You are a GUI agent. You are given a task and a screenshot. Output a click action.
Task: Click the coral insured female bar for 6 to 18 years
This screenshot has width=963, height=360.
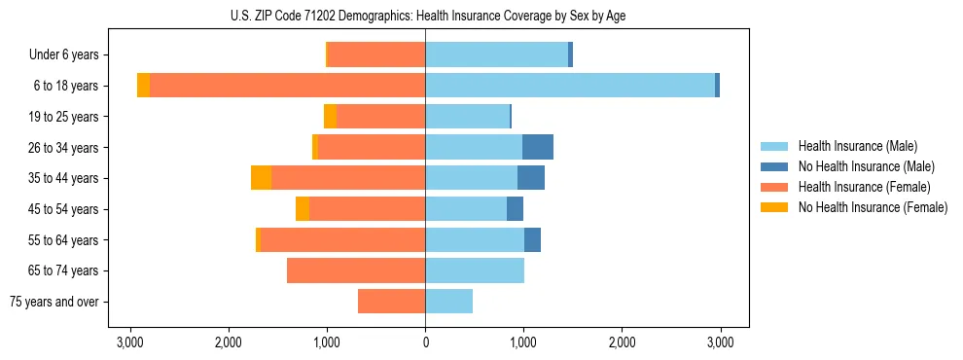coord(287,86)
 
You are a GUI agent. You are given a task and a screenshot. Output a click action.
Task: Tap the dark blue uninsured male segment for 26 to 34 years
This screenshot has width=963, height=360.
coord(538,147)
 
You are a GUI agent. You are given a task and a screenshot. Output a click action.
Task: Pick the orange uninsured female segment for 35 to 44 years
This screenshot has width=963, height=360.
coord(261,178)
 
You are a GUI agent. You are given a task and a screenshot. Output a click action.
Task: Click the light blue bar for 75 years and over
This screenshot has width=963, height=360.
coord(448,302)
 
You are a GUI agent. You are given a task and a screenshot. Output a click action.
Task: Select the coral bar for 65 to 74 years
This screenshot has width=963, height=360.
coord(356,270)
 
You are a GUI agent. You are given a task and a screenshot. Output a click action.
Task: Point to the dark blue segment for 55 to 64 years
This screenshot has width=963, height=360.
coord(532,239)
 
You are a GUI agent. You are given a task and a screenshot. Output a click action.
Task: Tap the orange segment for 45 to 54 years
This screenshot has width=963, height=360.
coord(303,209)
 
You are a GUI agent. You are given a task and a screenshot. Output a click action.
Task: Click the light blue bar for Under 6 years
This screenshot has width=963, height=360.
coord(496,54)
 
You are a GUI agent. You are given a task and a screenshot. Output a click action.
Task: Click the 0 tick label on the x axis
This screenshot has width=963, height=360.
coord(425,342)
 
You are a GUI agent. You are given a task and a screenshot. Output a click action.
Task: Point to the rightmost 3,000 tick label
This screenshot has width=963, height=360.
coord(720,342)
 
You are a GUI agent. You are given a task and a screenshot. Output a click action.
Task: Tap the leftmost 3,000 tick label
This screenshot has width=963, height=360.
coord(130,342)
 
